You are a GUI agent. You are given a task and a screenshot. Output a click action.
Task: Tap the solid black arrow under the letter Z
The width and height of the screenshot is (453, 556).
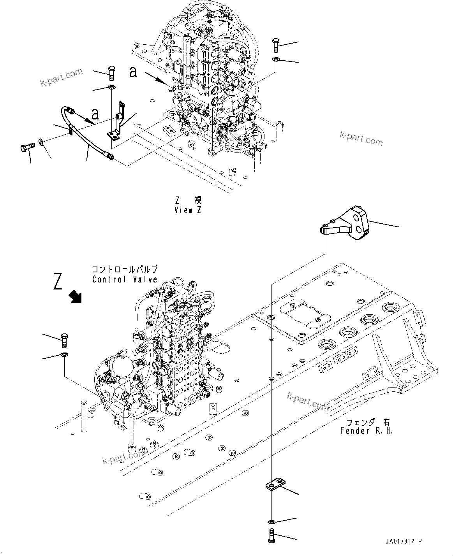[x=75, y=296]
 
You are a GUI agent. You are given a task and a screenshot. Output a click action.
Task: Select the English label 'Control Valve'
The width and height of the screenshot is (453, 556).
[x=125, y=279]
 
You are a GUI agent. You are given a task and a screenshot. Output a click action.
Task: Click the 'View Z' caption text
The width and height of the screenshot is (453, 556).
[x=189, y=210]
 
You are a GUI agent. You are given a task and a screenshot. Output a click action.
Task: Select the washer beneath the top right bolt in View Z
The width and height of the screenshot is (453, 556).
[x=276, y=59]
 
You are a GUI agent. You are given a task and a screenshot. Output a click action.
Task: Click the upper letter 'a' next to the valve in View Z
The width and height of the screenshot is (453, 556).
[x=133, y=72]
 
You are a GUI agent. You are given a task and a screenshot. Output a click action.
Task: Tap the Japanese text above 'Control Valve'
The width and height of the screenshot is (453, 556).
[x=125, y=270]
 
